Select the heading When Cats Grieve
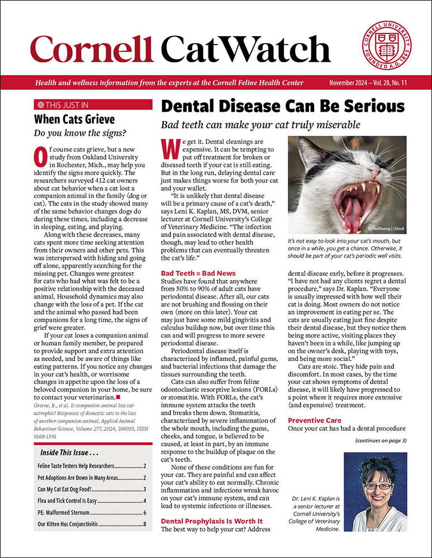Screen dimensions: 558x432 click(x=74, y=119)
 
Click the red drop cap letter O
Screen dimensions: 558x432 click(x=41, y=158)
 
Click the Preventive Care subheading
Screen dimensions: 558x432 click(x=314, y=420)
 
